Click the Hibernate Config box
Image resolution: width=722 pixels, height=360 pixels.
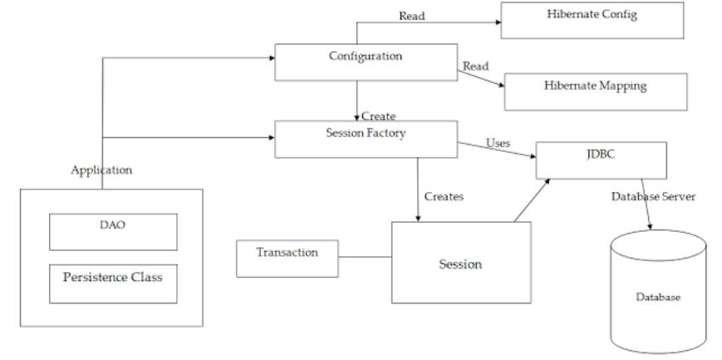(592, 20)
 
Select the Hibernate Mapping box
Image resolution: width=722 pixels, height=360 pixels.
(596, 91)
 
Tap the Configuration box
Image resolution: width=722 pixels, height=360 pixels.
(366, 62)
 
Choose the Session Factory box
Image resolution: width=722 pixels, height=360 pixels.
(366, 139)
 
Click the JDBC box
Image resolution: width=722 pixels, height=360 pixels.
(602, 160)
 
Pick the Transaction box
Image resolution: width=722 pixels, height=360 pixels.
(287, 259)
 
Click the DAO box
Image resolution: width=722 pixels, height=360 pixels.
(113, 232)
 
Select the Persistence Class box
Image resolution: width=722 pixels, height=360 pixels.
(113, 284)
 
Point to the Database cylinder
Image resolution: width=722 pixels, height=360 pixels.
(659, 292)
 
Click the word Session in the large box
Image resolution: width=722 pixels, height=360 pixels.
(460, 264)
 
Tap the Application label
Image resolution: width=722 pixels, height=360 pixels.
(101, 170)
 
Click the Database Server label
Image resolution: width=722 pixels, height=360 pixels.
(653, 197)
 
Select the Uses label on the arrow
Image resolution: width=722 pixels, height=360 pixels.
(499, 143)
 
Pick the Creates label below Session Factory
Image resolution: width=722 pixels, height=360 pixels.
(444, 197)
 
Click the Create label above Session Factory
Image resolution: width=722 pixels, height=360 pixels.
(379, 116)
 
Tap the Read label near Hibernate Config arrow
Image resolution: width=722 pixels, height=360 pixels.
(411, 16)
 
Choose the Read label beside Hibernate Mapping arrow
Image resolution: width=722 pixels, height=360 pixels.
(475, 67)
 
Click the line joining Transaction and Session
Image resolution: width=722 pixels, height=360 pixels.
(365, 257)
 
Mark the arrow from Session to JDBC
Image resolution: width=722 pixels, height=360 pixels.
(532, 200)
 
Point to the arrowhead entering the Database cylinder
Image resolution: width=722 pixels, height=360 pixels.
(651, 227)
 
